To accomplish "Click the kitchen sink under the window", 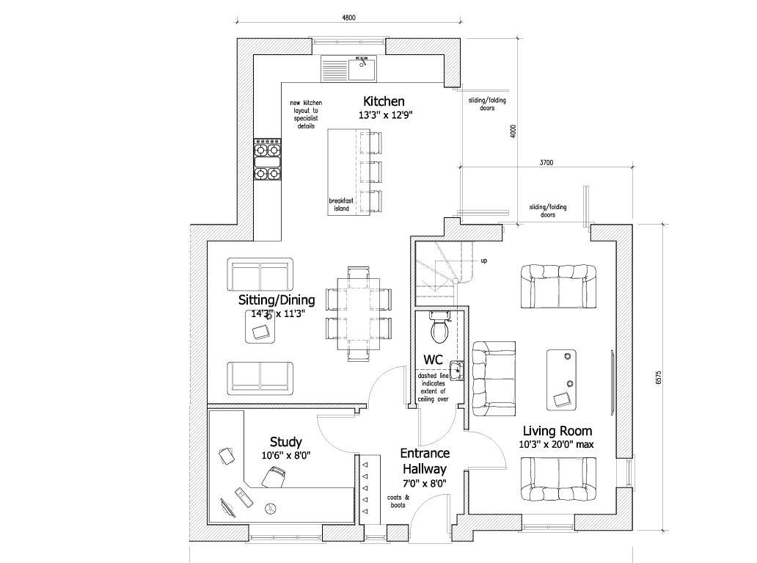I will point(361,69).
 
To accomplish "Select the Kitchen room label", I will point(384,101).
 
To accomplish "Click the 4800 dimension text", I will point(348,18).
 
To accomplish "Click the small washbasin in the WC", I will point(458,369).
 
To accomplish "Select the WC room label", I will point(433,360).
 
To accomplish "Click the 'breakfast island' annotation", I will point(339,205).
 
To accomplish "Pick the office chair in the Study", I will point(273,478).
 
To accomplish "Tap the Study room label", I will point(285,442).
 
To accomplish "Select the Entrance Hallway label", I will point(425,461).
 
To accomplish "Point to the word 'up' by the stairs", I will point(483,261).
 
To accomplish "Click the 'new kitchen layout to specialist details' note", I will point(306,115).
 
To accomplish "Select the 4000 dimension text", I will point(513,131).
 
